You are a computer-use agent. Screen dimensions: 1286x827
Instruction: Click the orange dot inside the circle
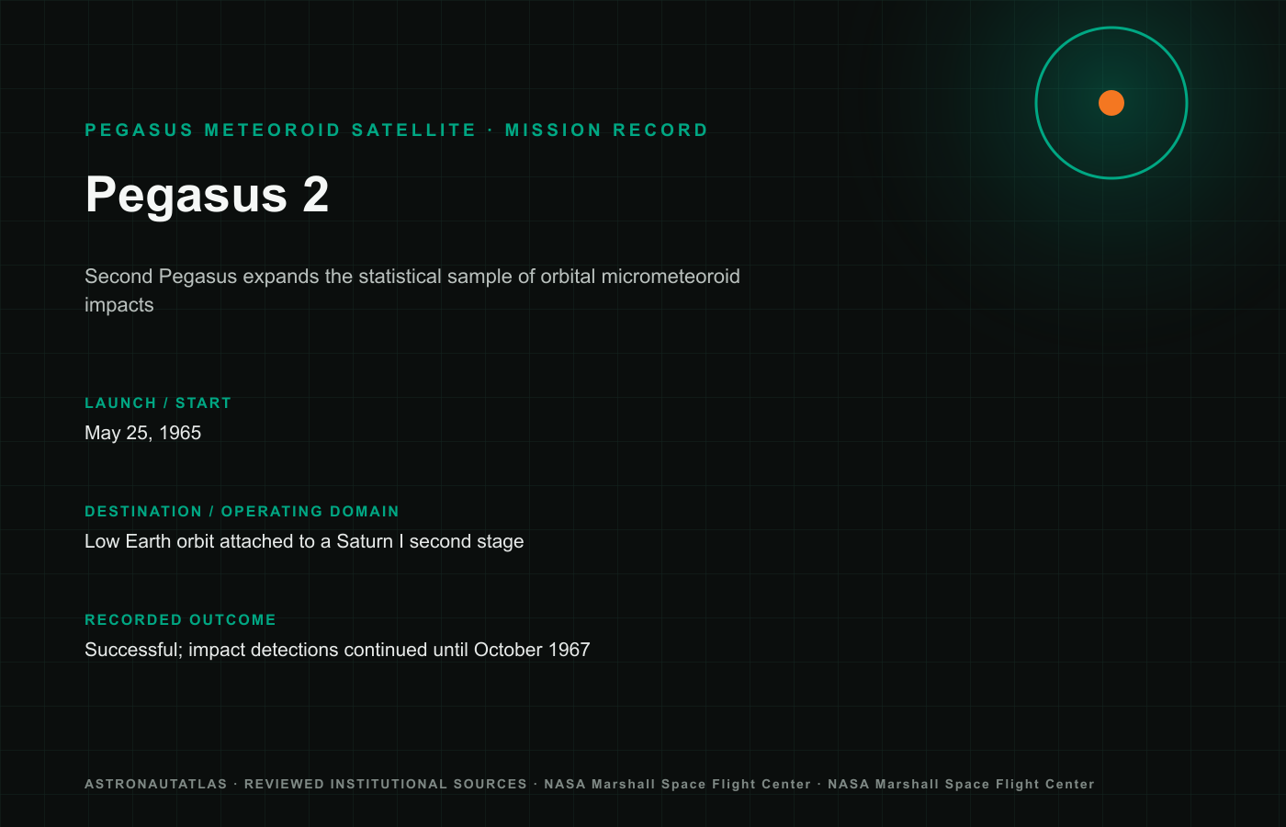click(x=1111, y=103)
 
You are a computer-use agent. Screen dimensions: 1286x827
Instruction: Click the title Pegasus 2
click(x=207, y=195)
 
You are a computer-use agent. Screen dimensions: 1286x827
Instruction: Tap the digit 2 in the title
click(x=316, y=194)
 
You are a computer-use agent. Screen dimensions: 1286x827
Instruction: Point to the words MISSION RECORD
click(x=606, y=130)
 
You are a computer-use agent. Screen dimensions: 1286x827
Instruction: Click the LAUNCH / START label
click(x=158, y=403)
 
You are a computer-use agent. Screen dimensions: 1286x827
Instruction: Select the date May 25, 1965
click(x=143, y=433)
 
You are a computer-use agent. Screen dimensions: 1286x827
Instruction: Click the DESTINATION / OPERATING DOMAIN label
click(x=242, y=512)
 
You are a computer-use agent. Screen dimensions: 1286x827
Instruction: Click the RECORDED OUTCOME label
click(x=180, y=620)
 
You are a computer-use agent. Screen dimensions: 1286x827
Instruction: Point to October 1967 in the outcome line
click(x=532, y=651)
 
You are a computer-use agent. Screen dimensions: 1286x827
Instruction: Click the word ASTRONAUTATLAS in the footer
click(x=156, y=785)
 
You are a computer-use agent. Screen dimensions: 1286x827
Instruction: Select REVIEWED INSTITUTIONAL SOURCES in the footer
click(x=386, y=785)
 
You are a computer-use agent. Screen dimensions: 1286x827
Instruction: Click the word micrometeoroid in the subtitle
click(x=671, y=277)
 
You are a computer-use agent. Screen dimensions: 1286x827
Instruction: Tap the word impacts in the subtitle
click(x=118, y=305)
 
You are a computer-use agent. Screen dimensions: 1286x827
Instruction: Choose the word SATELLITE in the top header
click(x=414, y=130)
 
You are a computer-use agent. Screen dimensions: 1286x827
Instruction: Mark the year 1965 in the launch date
click(x=180, y=433)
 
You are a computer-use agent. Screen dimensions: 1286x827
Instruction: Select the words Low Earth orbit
click(x=149, y=541)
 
